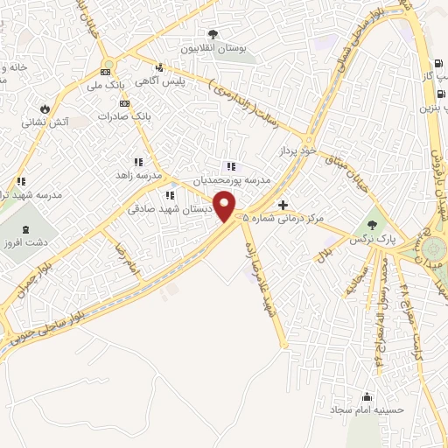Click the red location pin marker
pos(227,206)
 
